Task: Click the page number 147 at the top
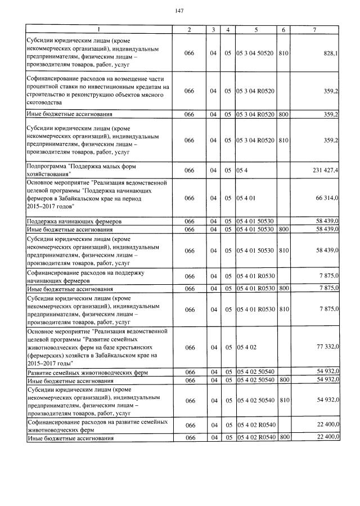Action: pyautogui.click(x=179, y=11)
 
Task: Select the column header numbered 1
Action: pyautogui.click(x=99, y=29)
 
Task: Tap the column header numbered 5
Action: pyautogui.click(x=256, y=29)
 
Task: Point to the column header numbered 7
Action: pyautogui.click(x=318, y=29)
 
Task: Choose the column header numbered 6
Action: pyautogui.click(x=283, y=29)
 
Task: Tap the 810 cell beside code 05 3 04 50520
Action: pyautogui.click(x=283, y=53)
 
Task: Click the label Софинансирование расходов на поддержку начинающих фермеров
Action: pyautogui.click(x=85, y=276)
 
